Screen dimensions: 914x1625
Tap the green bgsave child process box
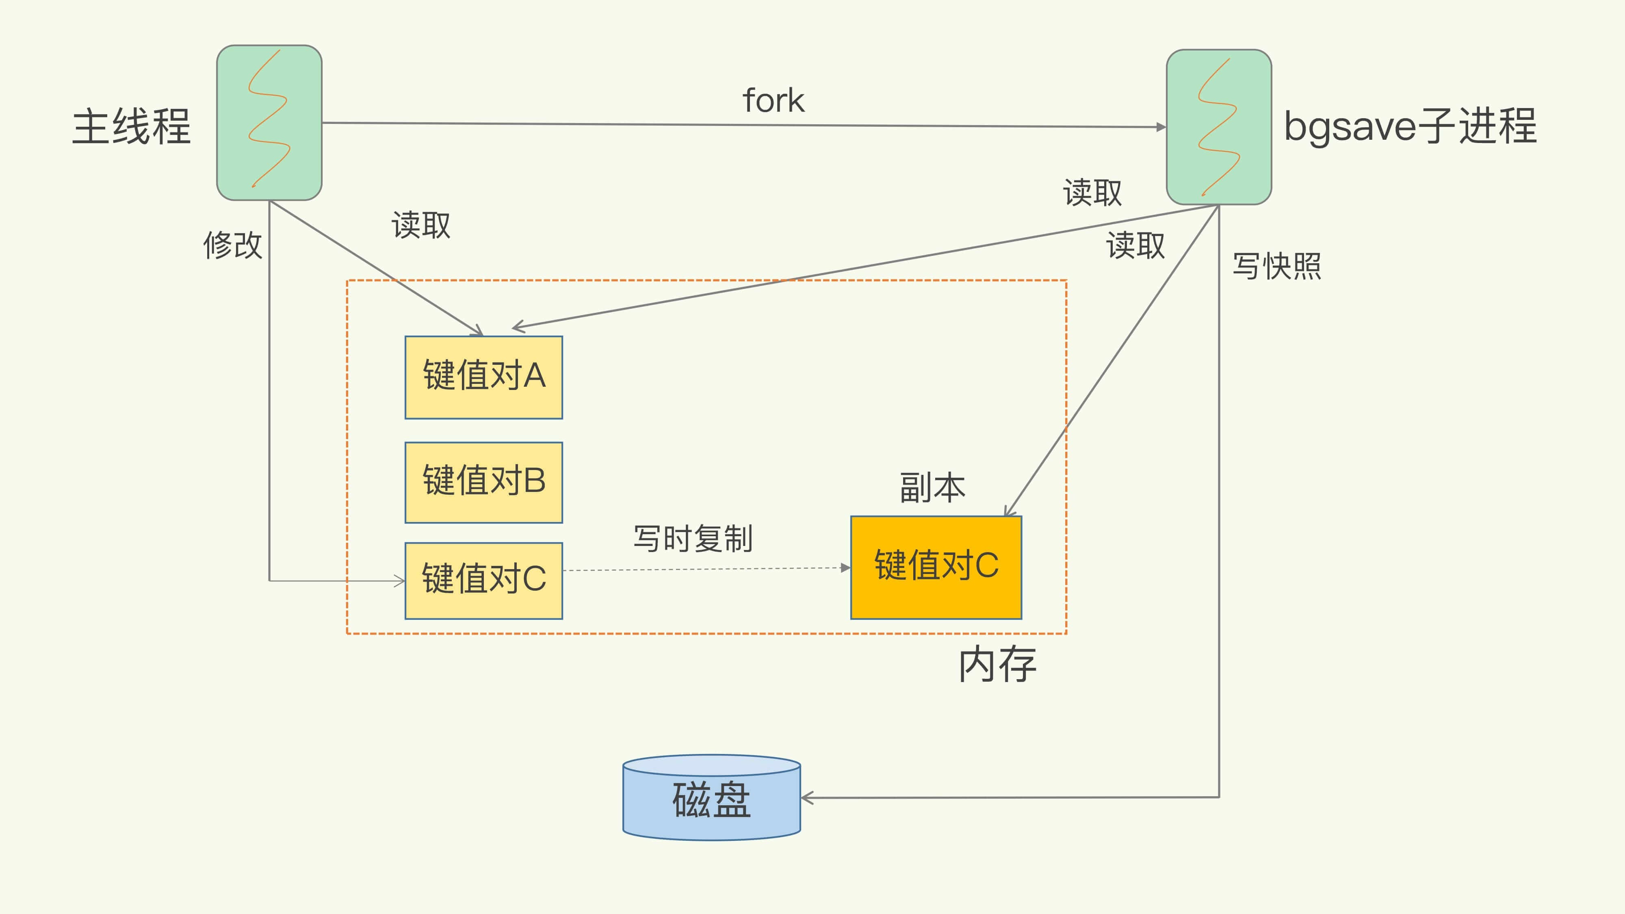tap(1219, 127)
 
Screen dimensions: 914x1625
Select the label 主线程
tap(131, 127)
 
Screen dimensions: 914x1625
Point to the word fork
tap(773, 101)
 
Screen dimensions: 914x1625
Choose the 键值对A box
tap(484, 377)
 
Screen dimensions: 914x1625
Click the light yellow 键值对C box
tap(484, 580)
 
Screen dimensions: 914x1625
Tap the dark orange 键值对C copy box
tap(936, 567)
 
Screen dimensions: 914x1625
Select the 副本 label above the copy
tap(932, 487)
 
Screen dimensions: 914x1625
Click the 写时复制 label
tap(693, 539)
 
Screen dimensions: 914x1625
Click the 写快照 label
tap(1277, 266)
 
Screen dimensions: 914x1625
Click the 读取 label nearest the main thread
tap(421, 225)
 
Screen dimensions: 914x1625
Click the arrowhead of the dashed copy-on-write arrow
tap(845, 568)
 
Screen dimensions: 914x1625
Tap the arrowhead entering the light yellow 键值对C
tap(400, 581)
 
